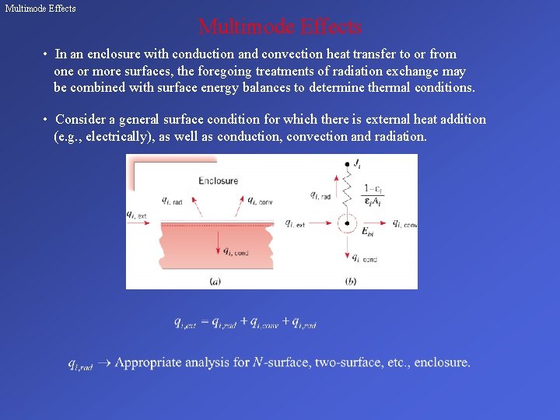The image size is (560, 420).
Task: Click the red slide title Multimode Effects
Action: click(280, 27)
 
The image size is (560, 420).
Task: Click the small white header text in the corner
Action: click(40, 8)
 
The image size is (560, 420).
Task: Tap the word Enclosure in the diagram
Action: click(218, 181)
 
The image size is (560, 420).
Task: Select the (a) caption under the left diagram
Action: click(215, 281)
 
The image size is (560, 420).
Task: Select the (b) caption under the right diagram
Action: click(350, 281)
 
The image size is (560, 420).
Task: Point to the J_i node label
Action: click(357, 164)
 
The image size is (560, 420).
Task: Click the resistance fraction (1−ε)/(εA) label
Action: click(372, 195)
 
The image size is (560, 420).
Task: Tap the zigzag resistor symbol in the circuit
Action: click(347, 191)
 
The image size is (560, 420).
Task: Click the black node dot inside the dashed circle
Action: click(347, 223)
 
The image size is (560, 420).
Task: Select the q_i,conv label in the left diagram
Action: click(256, 200)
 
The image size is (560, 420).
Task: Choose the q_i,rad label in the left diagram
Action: click(173, 200)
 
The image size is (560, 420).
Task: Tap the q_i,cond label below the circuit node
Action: click(365, 257)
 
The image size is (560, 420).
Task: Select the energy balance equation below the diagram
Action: click(245, 323)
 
